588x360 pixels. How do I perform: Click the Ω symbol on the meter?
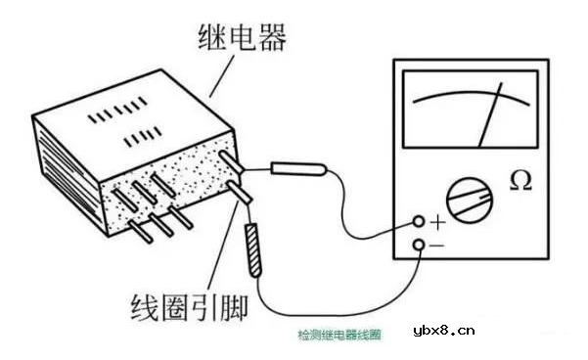(x=521, y=182)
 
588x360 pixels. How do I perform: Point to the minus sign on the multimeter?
(x=437, y=246)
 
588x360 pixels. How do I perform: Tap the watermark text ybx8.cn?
(x=444, y=331)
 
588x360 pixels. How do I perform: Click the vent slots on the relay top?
(x=122, y=123)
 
